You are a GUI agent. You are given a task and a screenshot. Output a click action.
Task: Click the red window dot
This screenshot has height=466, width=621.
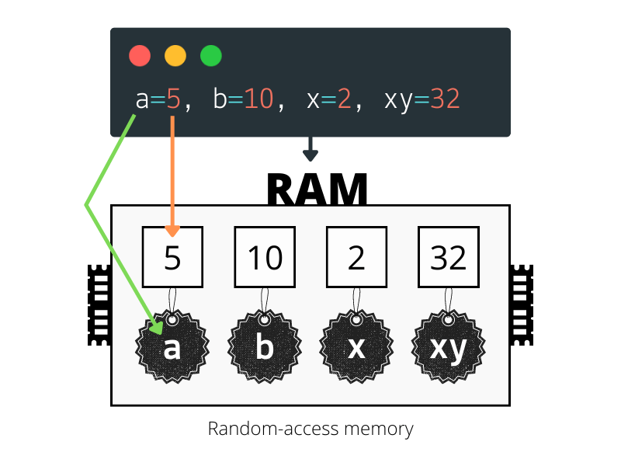(140, 55)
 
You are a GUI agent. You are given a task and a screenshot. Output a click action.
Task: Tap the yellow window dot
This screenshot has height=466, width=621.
(175, 55)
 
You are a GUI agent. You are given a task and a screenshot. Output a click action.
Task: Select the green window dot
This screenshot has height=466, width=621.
(211, 55)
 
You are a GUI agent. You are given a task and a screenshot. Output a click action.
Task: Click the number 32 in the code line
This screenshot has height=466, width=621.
(445, 99)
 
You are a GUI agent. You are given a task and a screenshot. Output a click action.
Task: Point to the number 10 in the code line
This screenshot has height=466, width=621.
(258, 99)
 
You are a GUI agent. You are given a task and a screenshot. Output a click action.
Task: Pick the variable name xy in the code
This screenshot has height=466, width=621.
(399, 101)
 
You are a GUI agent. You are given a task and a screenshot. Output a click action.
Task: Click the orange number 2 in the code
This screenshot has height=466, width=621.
(344, 99)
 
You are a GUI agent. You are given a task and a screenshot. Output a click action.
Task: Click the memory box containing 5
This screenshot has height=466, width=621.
(172, 257)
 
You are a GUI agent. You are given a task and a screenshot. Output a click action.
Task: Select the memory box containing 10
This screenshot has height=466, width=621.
(265, 257)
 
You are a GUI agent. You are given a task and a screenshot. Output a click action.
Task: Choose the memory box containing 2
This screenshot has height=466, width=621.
(356, 257)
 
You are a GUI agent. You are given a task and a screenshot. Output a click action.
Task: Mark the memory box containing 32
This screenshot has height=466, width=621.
(449, 257)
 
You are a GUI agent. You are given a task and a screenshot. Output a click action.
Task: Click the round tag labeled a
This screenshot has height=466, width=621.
(172, 346)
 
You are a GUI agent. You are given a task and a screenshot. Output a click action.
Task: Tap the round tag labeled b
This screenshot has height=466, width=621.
(265, 346)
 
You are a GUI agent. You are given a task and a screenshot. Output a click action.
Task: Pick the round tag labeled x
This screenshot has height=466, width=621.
(356, 346)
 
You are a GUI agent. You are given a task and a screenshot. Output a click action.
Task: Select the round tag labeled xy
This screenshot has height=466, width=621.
(449, 346)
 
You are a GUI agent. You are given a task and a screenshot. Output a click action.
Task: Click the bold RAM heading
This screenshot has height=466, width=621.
(317, 189)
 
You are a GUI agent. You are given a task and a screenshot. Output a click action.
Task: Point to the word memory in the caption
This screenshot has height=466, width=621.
(379, 429)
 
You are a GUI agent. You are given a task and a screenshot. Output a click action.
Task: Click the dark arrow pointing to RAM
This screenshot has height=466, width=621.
(310, 149)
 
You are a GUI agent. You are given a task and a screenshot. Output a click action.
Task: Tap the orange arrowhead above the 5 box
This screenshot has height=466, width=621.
(172, 231)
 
